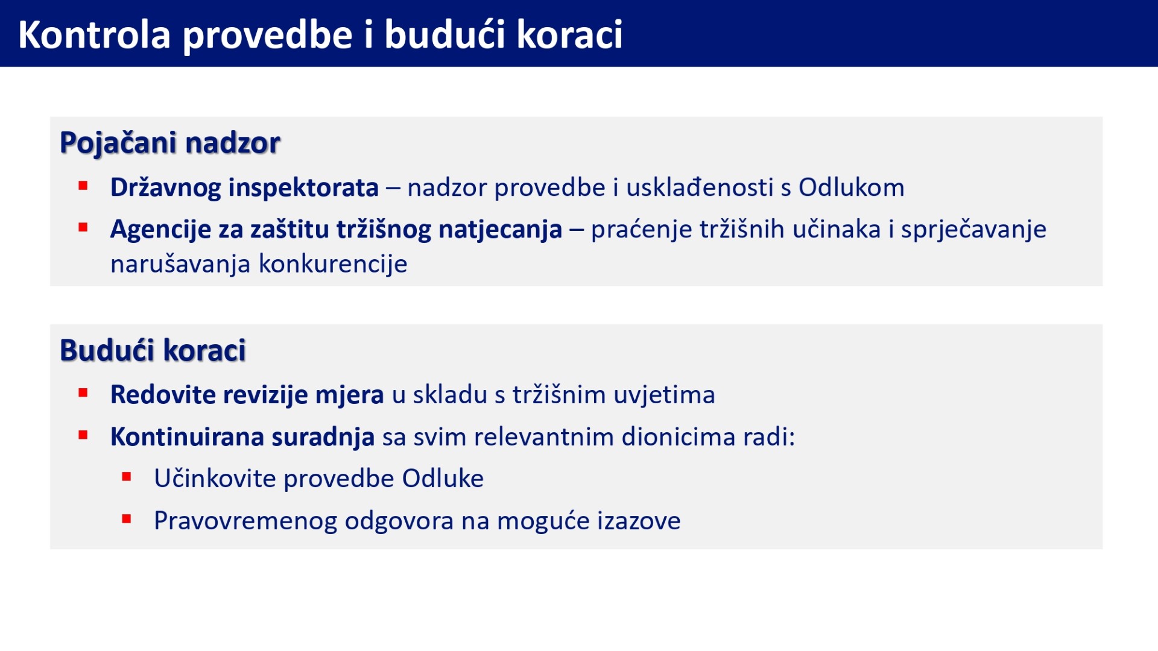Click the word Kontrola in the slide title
(x=95, y=34)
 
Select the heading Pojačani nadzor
(x=170, y=143)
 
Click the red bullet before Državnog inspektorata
(x=83, y=186)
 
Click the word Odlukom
(x=852, y=187)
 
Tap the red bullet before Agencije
(x=83, y=227)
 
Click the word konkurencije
(x=333, y=264)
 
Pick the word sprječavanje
(x=973, y=230)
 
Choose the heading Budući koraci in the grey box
(x=153, y=350)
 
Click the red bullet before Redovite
(x=83, y=394)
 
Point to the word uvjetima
(x=664, y=395)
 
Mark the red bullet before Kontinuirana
(x=83, y=435)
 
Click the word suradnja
(x=323, y=437)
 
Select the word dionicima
(x=679, y=437)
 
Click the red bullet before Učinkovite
(x=127, y=477)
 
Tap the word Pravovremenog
(x=245, y=521)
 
